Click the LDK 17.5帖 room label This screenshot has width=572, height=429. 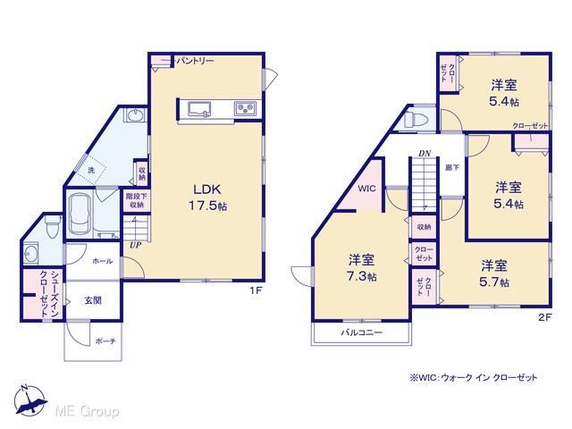(207, 198)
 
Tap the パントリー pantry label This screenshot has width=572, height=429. (195, 61)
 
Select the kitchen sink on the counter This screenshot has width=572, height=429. (199, 109)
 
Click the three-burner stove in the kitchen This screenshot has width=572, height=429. (245, 108)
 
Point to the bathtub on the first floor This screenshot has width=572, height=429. (80, 214)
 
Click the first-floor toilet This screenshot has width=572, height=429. (53, 226)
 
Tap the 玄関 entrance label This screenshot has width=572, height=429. (93, 300)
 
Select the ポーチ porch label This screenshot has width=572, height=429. (105, 341)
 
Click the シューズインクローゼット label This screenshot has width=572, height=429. (49, 294)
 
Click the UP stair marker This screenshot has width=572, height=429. (135, 245)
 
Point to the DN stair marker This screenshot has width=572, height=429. (425, 153)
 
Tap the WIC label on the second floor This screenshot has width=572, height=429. (366, 189)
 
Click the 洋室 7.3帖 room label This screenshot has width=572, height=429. (362, 268)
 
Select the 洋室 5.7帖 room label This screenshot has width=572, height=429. (494, 273)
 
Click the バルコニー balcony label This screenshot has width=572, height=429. (361, 332)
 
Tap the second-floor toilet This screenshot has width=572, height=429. (416, 120)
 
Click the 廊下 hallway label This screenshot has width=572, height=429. (452, 168)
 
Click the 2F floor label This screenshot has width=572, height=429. (544, 317)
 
